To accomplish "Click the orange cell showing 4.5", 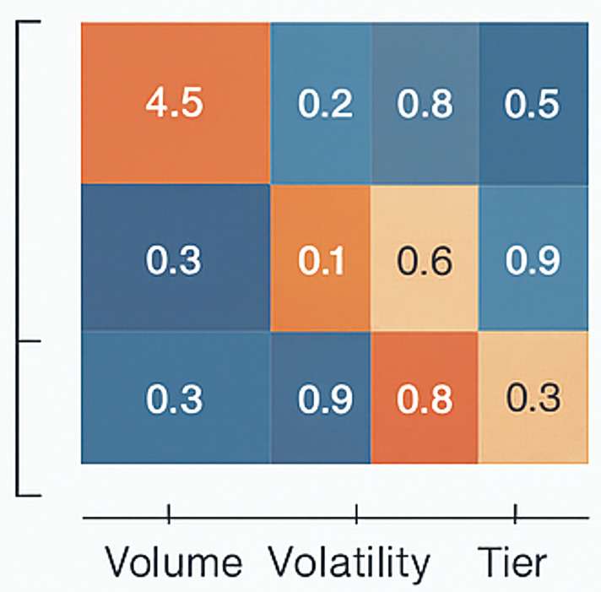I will click(x=175, y=103).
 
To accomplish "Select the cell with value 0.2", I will click(x=320, y=103).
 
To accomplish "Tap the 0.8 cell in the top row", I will click(x=425, y=103).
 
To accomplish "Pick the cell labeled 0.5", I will click(x=533, y=103).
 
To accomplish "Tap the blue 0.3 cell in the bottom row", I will click(x=175, y=397).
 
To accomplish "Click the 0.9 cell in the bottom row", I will click(x=320, y=397).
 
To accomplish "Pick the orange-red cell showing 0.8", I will click(x=425, y=397).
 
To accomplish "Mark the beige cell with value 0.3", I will click(x=533, y=397).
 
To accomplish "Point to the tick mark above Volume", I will click(x=169, y=512).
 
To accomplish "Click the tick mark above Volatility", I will click(x=356, y=512).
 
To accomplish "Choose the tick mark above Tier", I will click(x=515, y=512).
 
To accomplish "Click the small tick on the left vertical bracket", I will click(x=30, y=341).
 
